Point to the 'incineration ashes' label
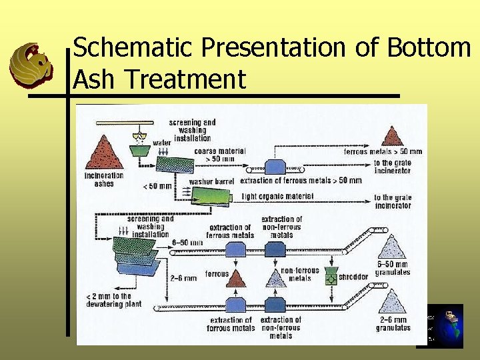[x=104, y=179]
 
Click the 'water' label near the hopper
[x=161, y=142]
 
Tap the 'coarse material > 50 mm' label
[x=219, y=155]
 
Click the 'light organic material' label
[x=277, y=197]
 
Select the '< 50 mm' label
[x=157, y=186]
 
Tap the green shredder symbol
[x=329, y=277]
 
